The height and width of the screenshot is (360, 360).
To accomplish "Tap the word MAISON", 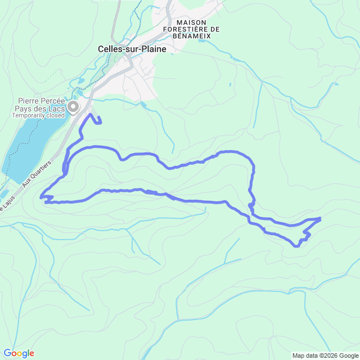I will point(191,21).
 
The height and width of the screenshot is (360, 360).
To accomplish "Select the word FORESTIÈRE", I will point(187,29).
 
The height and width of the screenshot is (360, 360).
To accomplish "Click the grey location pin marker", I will point(73,106).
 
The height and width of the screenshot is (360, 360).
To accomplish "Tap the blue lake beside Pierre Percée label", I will point(28,146).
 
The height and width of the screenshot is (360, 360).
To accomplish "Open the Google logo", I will point(18,353).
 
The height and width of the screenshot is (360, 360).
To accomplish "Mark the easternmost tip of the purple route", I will point(320,218).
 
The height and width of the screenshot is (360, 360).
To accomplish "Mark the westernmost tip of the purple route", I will point(41,197).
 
